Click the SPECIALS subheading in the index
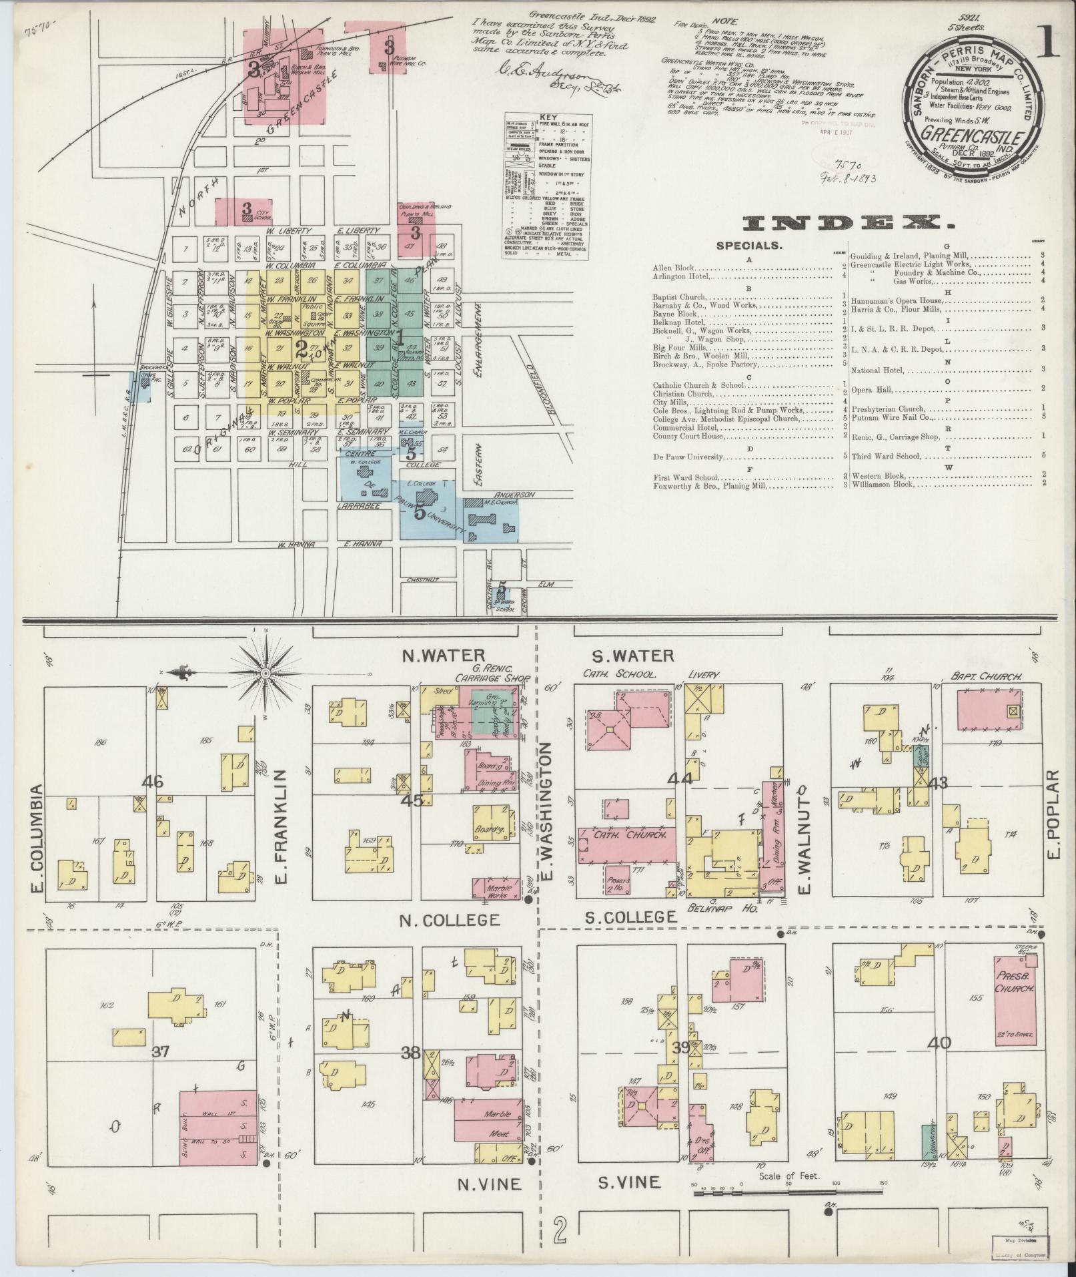(x=748, y=246)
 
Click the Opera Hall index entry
(x=874, y=389)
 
